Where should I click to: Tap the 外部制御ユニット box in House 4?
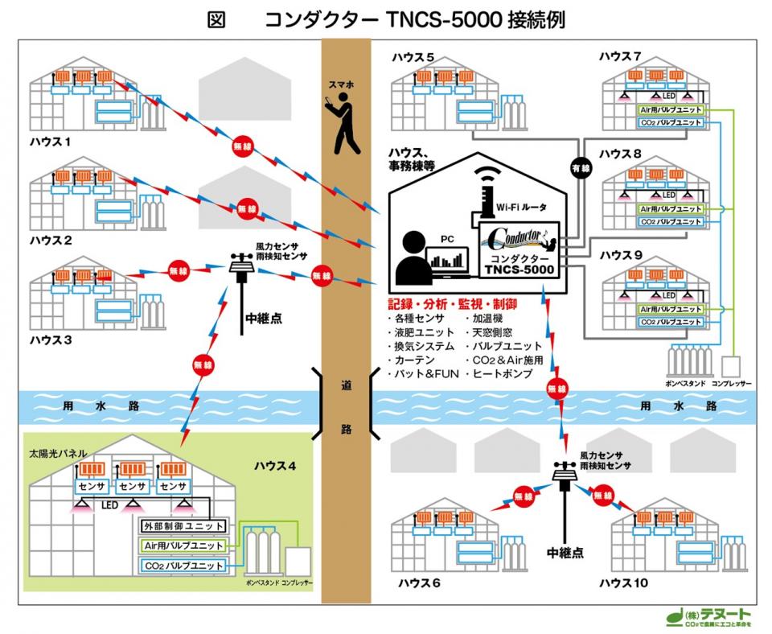point(182,526)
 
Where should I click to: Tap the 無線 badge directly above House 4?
point(201,364)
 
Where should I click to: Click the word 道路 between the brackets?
point(346,406)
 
